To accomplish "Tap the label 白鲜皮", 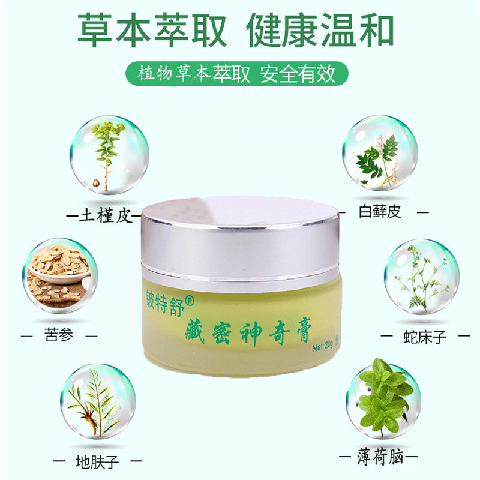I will pyautogui.click(x=379, y=212).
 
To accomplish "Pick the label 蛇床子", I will pyautogui.click(x=425, y=336).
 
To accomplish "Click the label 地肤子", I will pyautogui.click(x=97, y=461).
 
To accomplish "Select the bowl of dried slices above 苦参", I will pyautogui.click(x=59, y=275).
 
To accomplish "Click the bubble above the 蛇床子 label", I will pyautogui.click(x=421, y=276).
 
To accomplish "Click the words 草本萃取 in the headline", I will pyautogui.click(x=153, y=29).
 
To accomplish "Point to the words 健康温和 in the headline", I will pyautogui.click(x=320, y=29).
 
